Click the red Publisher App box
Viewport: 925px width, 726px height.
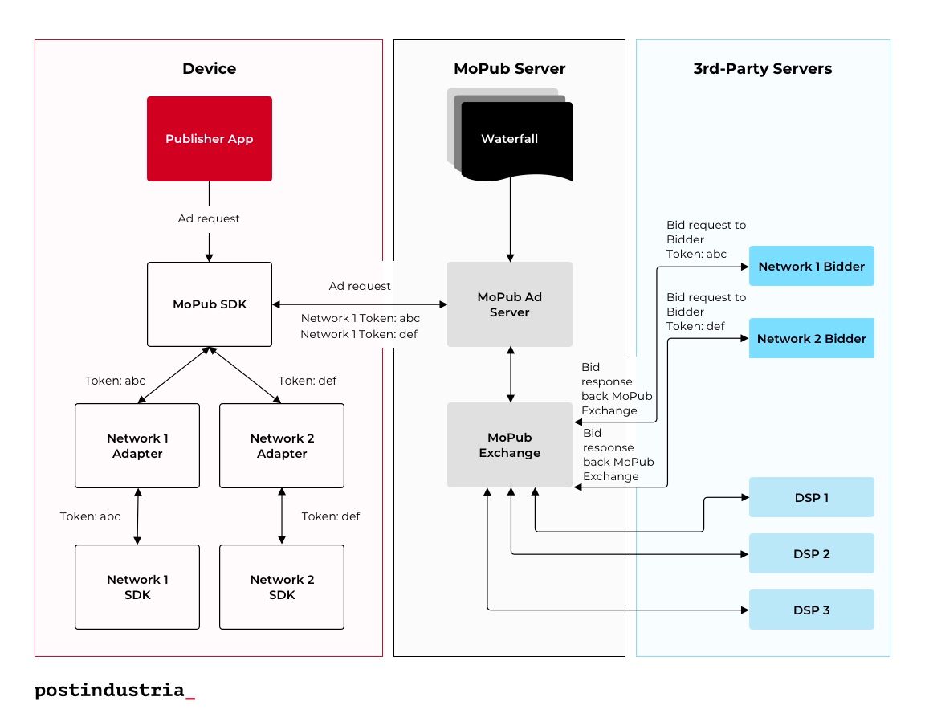210,139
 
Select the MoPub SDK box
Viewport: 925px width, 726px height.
210,304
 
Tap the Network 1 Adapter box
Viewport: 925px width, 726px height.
137,446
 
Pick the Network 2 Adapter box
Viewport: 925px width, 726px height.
282,446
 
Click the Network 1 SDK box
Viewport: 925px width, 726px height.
137,587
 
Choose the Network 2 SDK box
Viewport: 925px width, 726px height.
282,587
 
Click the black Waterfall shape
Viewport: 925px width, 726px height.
517,141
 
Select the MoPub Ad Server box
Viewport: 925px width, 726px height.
510,304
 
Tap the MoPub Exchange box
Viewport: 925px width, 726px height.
510,445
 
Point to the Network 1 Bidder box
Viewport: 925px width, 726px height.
812,266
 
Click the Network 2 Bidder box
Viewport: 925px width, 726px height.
812,338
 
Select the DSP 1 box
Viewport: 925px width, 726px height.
812,497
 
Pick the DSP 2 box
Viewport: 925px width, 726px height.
812,553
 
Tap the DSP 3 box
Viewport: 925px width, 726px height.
812,610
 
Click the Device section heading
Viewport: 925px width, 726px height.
210,68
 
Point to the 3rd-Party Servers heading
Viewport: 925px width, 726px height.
763,68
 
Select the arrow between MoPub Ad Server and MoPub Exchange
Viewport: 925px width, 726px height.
511,375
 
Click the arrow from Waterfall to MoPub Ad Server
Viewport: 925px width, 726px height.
511,219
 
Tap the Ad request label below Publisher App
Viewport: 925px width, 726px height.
209,218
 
